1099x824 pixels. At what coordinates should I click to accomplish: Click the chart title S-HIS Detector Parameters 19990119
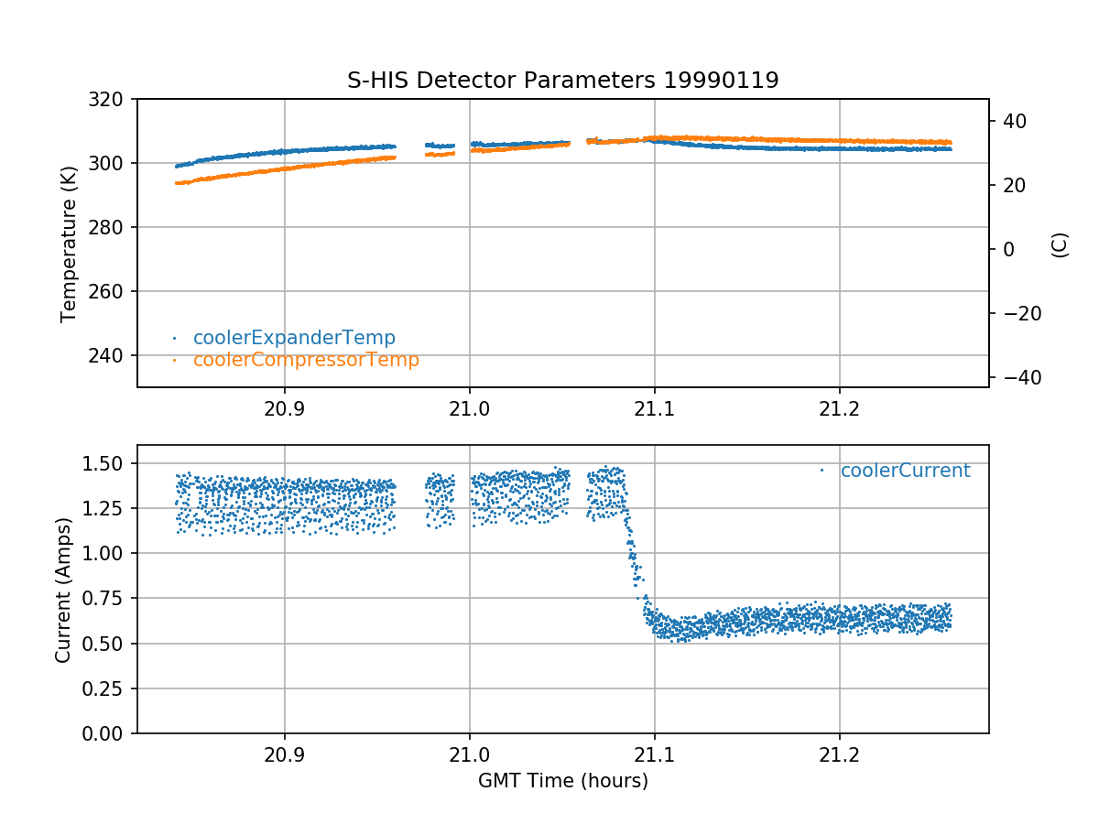pyautogui.click(x=562, y=81)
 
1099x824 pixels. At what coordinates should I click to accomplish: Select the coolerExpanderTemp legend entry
pyautogui.click(x=294, y=338)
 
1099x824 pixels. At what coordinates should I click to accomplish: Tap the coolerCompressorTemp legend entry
pyautogui.click(x=306, y=360)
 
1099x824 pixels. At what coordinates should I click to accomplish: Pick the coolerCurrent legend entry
pyautogui.click(x=905, y=471)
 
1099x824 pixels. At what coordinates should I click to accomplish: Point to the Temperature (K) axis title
pyautogui.click(x=69, y=243)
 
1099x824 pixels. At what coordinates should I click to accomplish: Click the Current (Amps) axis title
pyautogui.click(x=63, y=590)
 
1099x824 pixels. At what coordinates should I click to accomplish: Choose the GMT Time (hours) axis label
pyautogui.click(x=562, y=781)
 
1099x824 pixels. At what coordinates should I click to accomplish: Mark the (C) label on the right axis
pyautogui.click(x=1060, y=244)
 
